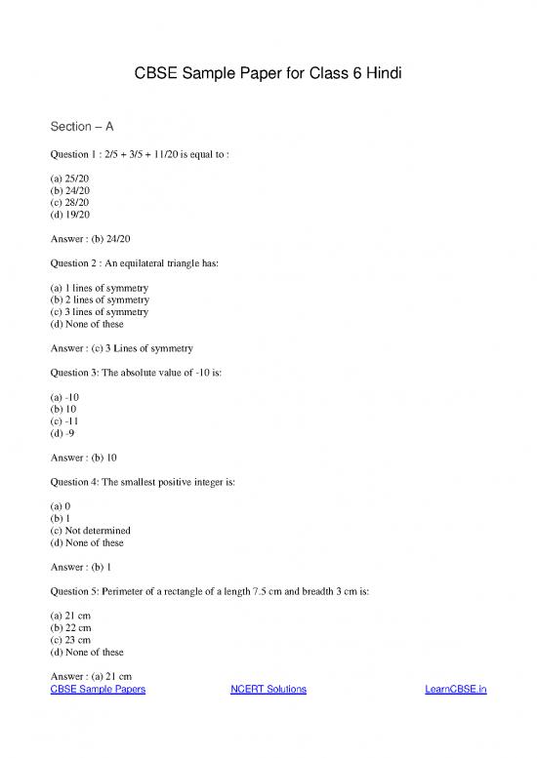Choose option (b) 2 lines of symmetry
coord(99,300)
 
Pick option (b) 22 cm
coord(70,629)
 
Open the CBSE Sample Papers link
coord(98,690)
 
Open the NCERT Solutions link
coord(268,690)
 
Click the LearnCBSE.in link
coord(456,690)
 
